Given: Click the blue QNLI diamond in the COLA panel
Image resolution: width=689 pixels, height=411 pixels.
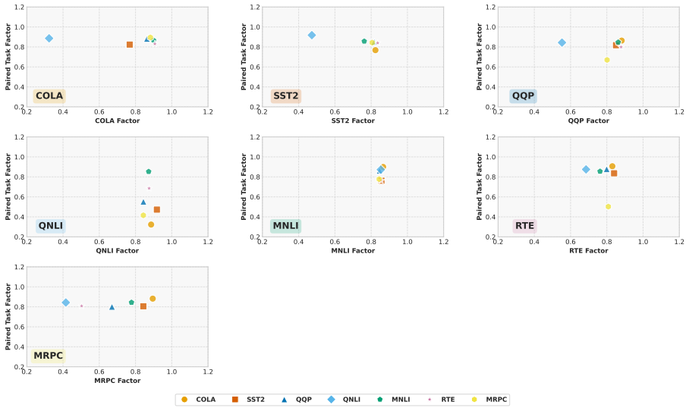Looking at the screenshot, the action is point(49,39).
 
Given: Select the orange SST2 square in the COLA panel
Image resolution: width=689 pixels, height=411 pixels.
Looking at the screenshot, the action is point(130,45).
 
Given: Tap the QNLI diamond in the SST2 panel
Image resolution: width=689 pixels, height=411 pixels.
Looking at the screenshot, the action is point(312,35).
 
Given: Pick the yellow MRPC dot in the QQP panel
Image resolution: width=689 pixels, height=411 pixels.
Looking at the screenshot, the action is point(607,60).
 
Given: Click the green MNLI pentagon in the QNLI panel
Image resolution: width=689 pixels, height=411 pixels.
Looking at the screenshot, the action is point(149,171).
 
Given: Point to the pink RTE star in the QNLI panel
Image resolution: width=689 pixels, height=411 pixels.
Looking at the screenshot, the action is point(149,188).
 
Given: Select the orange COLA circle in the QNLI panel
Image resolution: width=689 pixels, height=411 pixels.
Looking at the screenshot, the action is point(151,224).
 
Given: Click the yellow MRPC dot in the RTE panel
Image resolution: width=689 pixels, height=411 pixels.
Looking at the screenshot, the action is point(608,207).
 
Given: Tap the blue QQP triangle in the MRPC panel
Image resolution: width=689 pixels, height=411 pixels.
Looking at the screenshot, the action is point(112,307).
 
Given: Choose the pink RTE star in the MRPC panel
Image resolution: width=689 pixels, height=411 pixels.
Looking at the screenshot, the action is point(82,306).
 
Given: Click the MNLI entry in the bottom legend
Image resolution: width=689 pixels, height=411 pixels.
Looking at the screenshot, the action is point(394,400).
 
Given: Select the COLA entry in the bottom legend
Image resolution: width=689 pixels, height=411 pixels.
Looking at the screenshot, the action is point(198,400).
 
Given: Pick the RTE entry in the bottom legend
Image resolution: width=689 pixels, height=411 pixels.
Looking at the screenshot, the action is point(441,400).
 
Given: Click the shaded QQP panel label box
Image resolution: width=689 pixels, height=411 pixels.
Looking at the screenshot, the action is point(523,96).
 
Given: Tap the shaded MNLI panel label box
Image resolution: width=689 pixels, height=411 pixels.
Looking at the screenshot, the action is point(285,226).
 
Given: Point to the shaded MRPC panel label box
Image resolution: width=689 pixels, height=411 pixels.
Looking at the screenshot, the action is point(49,356).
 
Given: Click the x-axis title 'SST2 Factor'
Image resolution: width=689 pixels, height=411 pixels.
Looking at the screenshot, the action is point(353,121).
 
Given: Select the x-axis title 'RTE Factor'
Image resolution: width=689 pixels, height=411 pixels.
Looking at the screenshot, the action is point(589,251).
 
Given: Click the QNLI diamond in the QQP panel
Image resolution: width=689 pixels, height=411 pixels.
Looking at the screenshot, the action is point(562,42).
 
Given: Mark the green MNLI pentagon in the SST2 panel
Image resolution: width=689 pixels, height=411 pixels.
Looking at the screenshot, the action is point(364,41).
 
